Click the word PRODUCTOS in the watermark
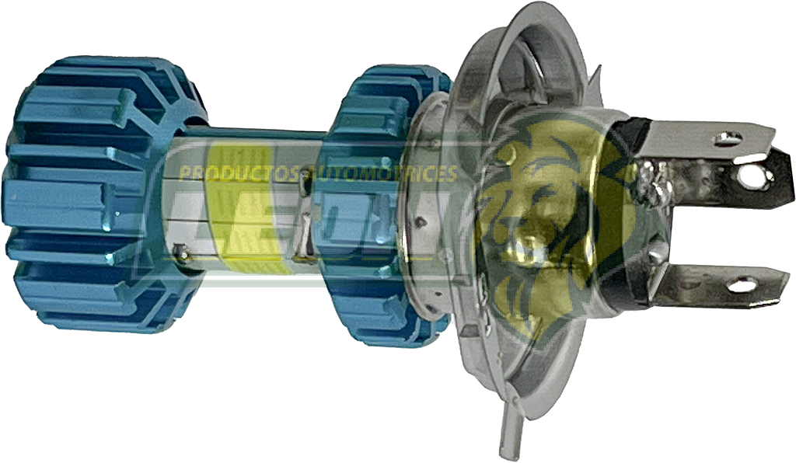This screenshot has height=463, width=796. tap(233, 173)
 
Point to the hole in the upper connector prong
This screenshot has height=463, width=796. tap(728, 138)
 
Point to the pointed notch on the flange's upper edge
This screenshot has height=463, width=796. tap(595, 78)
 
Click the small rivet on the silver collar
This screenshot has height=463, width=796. tap(421, 223)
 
